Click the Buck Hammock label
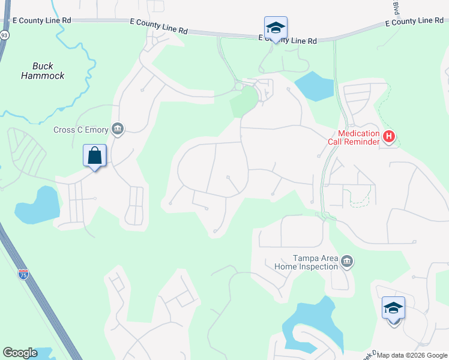[x=43, y=71]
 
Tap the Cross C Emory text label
[x=80, y=130]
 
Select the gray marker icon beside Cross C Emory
[x=117, y=129]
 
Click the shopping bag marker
[x=95, y=156]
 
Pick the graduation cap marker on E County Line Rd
[x=276, y=28]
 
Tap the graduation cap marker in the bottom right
[x=393, y=308]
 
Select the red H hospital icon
[x=389, y=137]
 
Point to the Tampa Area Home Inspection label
[x=307, y=262]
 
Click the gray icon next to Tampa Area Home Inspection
[x=346, y=262]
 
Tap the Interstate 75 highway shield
[x=23, y=275]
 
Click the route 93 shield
[x=4, y=35]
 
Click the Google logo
[x=20, y=353]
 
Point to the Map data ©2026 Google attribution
[x=412, y=355]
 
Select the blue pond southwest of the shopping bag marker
[x=38, y=205]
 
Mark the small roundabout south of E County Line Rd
[x=239, y=86]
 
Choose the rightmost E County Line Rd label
[x=414, y=22]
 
